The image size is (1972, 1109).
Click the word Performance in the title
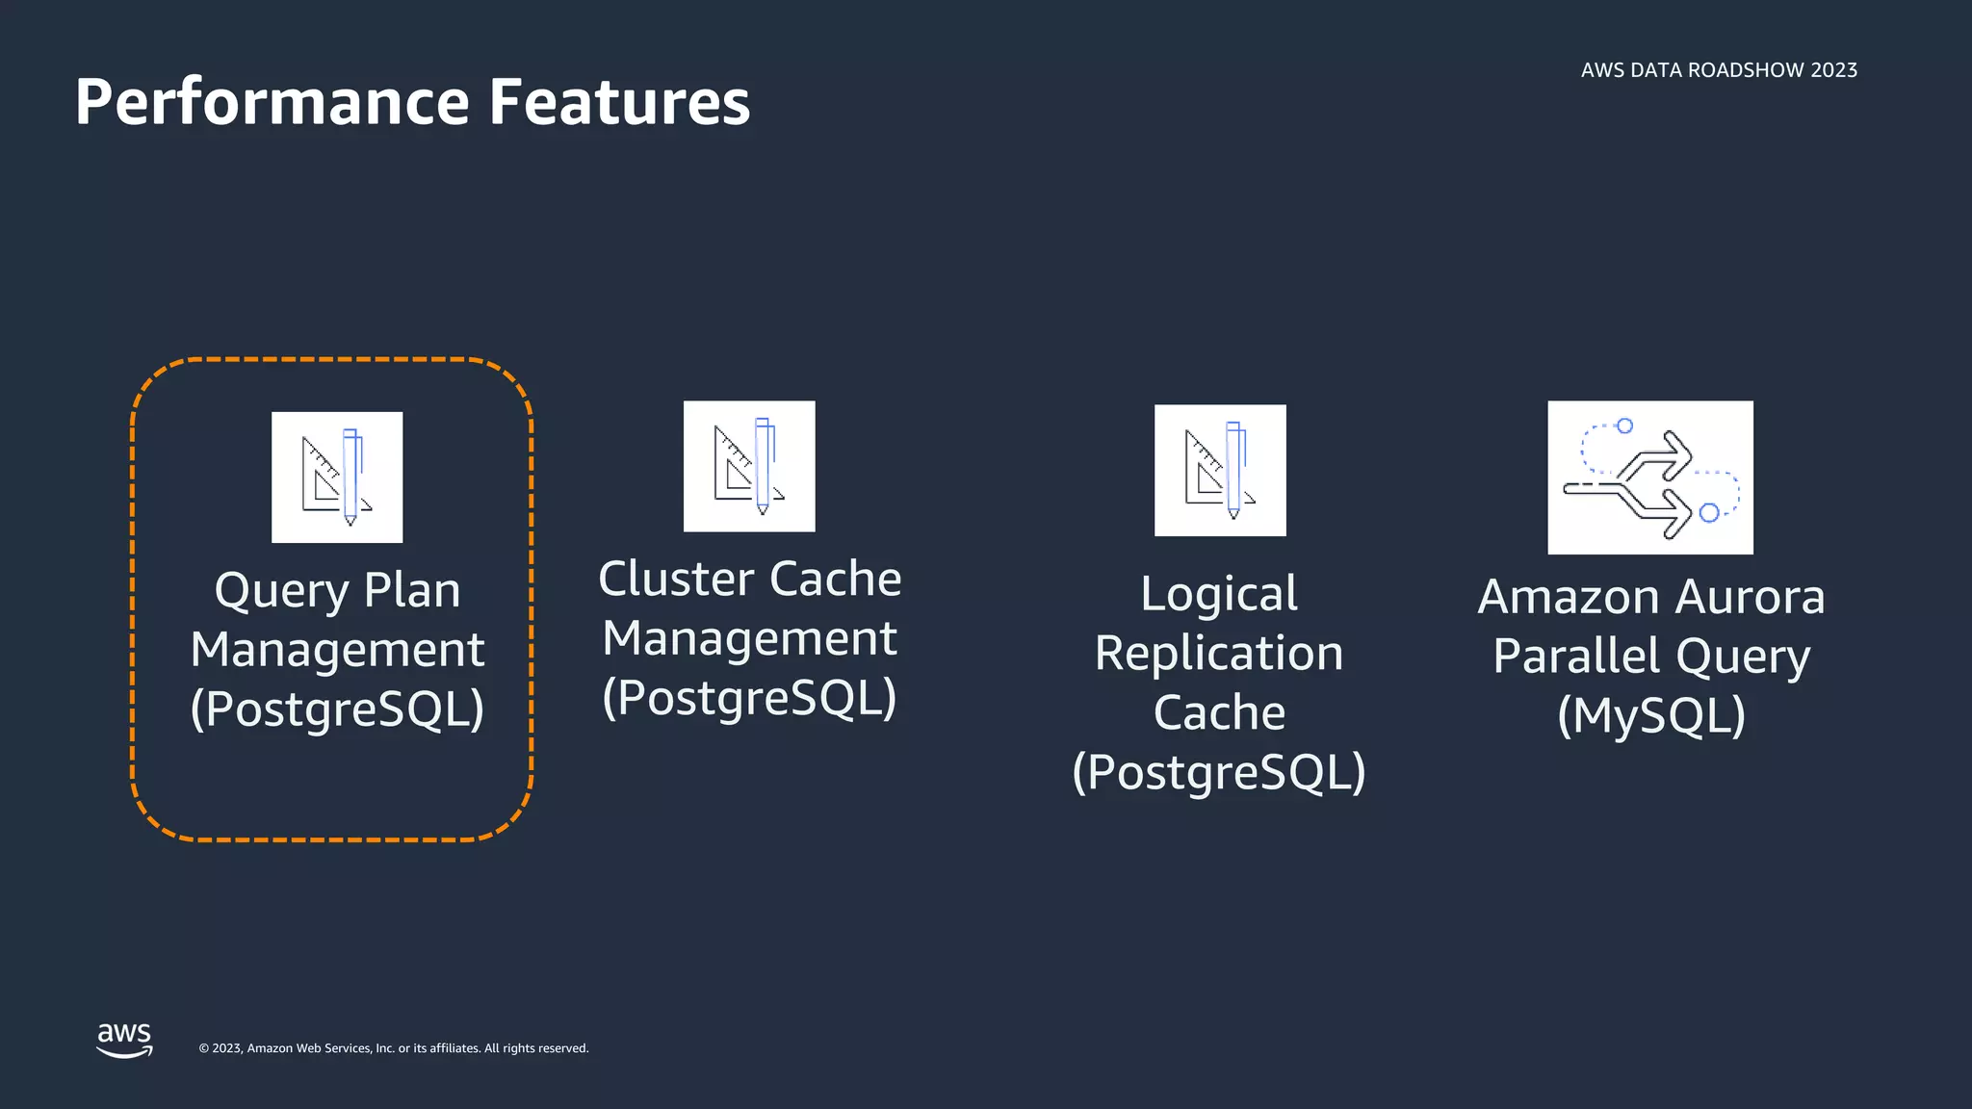272,102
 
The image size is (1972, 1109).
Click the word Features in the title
619,102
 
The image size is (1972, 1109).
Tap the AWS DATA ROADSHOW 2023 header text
1719,70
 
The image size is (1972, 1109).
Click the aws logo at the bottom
124,1040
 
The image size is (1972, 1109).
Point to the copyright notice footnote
393,1048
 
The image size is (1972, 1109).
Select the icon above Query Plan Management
337,477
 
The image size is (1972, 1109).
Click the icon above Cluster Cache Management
749,466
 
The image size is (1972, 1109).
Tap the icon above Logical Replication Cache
1220,470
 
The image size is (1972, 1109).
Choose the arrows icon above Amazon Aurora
1650,477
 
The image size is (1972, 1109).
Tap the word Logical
1219,594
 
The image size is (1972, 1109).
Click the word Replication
1219,654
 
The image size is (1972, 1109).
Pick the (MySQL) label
1651,715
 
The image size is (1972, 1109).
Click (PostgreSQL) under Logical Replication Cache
1219,772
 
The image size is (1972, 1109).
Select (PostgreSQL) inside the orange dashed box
337,709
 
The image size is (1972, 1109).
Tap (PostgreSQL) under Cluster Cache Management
749,698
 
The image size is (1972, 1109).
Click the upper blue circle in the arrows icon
1624,426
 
